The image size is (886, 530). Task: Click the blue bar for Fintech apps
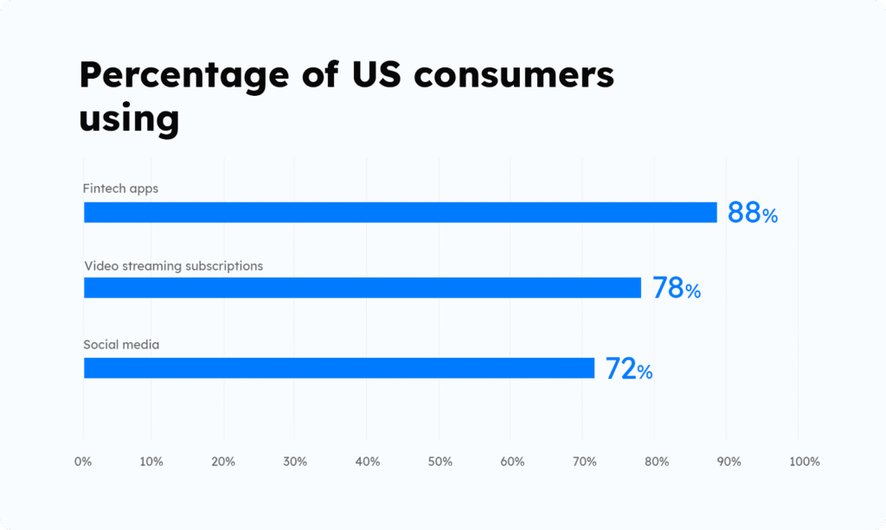tap(400, 212)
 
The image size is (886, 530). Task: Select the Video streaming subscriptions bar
tap(362, 287)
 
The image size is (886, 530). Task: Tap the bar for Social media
tap(338, 367)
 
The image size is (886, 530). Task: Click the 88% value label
tap(752, 213)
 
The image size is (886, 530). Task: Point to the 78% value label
tap(676, 288)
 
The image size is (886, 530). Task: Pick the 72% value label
tap(628, 369)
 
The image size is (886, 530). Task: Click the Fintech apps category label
tap(120, 188)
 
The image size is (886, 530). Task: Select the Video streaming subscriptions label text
tap(173, 265)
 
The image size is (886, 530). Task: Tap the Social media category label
tap(121, 345)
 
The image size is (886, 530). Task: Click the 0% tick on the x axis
tap(83, 462)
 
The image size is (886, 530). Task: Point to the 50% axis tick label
tap(440, 462)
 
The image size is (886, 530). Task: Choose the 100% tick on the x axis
tap(804, 462)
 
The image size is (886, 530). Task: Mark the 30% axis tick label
tap(295, 462)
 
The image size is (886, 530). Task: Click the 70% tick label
tap(584, 462)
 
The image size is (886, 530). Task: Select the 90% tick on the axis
tap(729, 462)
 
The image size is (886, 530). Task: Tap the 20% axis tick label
tap(223, 462)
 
